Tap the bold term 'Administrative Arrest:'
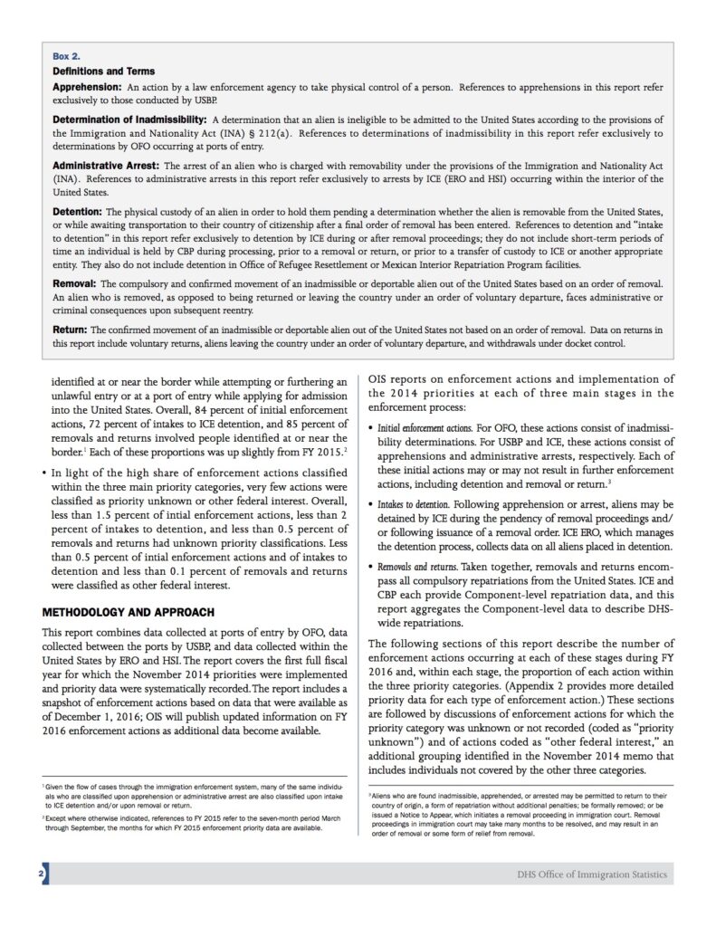pos(107,167)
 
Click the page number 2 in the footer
pos(43,874)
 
